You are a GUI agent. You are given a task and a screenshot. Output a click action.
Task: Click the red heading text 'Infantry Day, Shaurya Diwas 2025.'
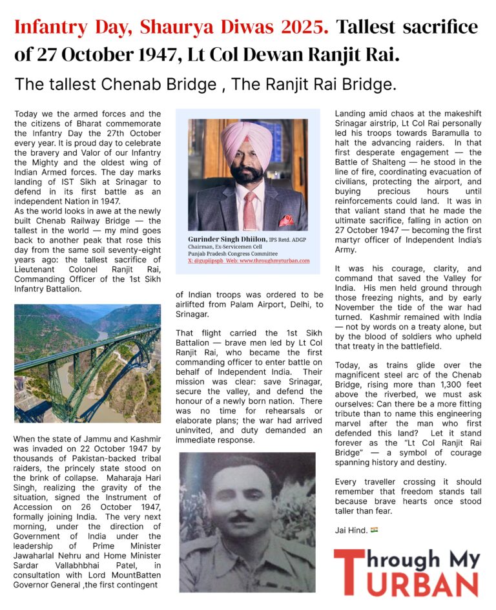tap(171, 27)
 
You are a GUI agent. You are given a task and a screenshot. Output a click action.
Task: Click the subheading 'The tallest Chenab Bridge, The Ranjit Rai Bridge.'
tap(205, 85)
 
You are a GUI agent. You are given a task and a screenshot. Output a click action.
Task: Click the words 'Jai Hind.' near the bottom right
tap(351, 531)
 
